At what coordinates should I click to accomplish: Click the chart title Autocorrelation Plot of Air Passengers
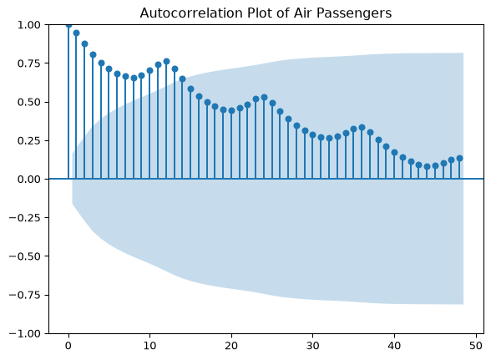point(266,13)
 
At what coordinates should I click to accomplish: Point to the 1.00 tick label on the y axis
point(28,25)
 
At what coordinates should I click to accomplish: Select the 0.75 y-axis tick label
point(28,63)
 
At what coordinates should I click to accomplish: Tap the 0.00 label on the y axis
point(28,179)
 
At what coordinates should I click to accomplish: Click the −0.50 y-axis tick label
point(25,256)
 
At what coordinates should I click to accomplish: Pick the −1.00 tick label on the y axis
point(25,333)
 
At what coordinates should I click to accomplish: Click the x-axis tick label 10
point(149,346)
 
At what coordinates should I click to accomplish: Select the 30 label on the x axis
point(312,346)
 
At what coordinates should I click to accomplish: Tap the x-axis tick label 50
point(476,346)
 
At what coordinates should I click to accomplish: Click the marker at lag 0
point(68,25)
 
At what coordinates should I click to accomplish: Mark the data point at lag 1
point(77,33)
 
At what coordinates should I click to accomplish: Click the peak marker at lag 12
point(167,62)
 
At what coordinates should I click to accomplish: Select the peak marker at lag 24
point(264,98)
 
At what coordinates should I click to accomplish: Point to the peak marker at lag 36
point(362,127)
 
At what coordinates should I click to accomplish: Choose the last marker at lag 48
point(459,158)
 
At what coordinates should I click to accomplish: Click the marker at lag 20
point(232,110)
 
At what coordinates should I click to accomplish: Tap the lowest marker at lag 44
point(428,166)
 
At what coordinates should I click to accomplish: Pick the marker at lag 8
point(134,78)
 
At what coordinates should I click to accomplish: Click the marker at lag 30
point(312,134)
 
